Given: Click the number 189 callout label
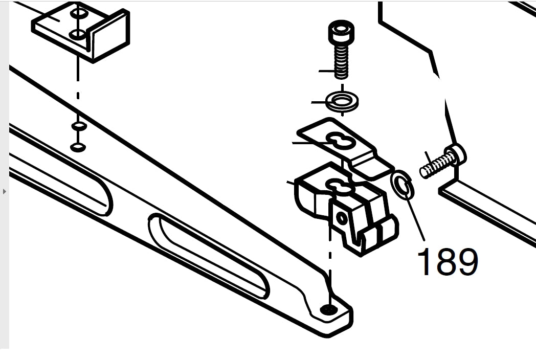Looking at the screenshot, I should pos(448,262).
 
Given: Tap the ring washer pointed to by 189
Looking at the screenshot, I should pos(403,185).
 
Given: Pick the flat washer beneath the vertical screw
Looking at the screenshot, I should pos(342,101).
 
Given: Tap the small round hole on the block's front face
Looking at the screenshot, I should pos(342,218).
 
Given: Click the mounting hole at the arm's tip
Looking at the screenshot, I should pos(329,309).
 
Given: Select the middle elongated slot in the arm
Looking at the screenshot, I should pos(209,255).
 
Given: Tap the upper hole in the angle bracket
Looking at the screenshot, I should pos(78,13).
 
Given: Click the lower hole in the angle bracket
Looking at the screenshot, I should pos(77,35).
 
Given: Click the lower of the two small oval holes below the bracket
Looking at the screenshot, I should pos(78,148).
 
